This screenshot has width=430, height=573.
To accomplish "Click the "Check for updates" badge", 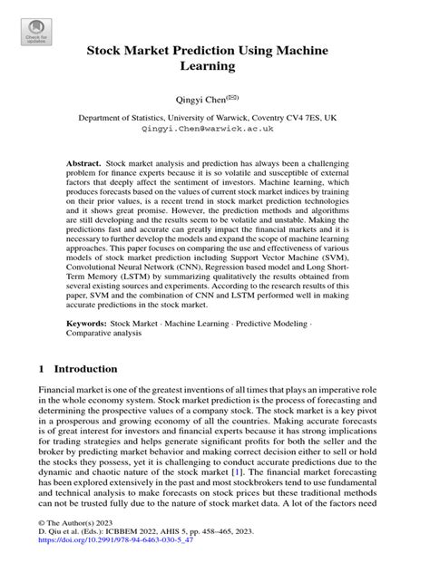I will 36,34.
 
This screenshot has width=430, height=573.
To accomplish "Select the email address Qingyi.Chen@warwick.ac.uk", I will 214,130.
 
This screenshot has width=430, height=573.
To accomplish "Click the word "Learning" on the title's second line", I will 214,67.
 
